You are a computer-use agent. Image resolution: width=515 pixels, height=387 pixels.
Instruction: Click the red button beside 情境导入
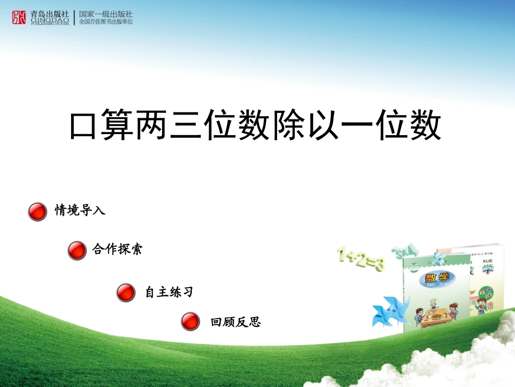pos(37,212)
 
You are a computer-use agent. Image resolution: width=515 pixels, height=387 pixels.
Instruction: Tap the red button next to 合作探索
pos(77,251)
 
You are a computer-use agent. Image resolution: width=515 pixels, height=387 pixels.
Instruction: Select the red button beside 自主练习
pos(125,293)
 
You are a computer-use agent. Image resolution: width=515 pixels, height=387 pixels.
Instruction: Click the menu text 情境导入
pos(80,211)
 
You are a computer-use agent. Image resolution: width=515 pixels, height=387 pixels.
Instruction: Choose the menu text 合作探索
pos(117,249)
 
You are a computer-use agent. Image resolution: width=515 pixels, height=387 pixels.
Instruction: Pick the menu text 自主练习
pos(169,293)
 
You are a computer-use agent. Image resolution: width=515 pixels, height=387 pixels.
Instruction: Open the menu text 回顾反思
pos(236,322)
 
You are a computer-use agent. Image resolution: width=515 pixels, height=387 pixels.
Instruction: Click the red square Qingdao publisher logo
pos(19,17)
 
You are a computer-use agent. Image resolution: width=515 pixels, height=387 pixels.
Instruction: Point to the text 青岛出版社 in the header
pos(50,14)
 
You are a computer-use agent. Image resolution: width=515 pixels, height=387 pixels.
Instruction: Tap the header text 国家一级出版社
pos(106,14)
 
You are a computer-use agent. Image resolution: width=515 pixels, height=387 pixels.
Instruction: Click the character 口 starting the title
pos(83,127)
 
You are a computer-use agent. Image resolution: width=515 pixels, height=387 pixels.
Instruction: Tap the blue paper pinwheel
pos(388,312)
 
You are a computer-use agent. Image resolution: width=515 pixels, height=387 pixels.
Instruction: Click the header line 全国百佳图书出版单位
pos(106,22)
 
